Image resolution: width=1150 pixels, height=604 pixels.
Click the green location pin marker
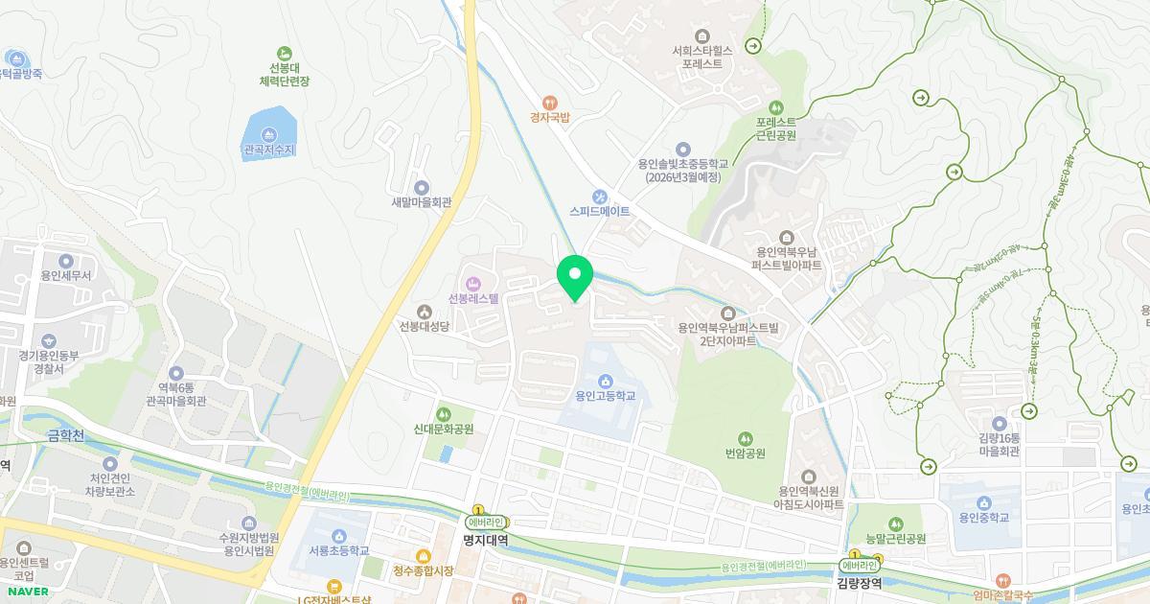575,276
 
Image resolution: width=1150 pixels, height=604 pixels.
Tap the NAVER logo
26,591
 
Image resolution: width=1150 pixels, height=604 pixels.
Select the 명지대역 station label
484,540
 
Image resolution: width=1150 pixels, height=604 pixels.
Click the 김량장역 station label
859,582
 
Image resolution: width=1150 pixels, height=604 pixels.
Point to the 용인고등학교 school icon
605,381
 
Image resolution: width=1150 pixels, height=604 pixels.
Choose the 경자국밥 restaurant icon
550,102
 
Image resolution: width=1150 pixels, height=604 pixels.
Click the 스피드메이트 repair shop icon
600,196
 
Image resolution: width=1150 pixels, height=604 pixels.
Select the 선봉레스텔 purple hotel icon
472,283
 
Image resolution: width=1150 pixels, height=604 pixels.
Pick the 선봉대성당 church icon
425,310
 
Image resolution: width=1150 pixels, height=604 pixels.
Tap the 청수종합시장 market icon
423,555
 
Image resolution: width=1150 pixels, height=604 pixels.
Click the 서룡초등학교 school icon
339,535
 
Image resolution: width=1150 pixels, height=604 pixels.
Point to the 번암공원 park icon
745,437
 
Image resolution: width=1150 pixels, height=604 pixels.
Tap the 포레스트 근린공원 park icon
776,106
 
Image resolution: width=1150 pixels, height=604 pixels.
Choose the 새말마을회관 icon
421,187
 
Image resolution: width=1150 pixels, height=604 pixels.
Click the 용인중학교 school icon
985,501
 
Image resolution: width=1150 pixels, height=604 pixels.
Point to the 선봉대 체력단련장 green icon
283,53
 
